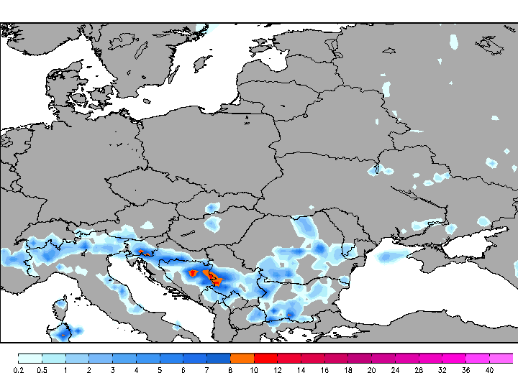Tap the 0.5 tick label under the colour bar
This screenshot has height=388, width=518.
(x=42, y=370)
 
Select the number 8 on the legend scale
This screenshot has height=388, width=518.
(x=230, y=370)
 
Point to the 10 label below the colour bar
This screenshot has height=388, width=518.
(x=254, y=370)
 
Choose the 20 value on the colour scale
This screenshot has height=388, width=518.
(x=371, y=370)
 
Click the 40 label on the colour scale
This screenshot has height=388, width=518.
(x=489, y=370)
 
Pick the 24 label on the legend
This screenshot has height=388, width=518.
(x=395, y=370)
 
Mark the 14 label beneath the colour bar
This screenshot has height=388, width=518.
(x=301, y=370)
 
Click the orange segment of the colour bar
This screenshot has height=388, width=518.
(x=242, y=358)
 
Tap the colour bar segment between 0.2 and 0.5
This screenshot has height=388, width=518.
(x=30, y=358)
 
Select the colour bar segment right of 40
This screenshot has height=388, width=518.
(x=501, y=358)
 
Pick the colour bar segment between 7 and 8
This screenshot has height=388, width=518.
(x=219, y=358)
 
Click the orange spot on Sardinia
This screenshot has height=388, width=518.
(x=63, y=334)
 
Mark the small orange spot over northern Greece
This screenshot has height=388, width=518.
(x=289, y=315)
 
